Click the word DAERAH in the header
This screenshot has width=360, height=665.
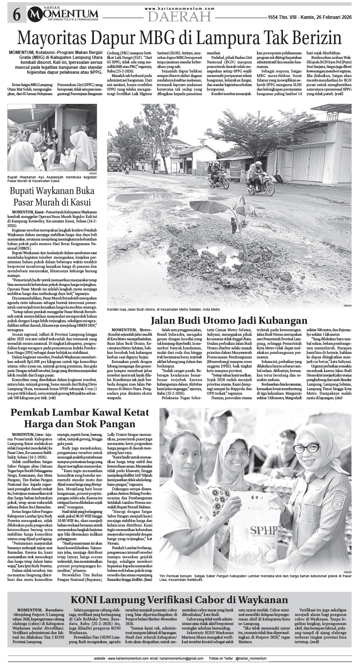(x=180, y=16)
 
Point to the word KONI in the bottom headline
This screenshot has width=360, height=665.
(x=85, y=599)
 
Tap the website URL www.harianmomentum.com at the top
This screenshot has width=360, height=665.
(x=180, y=8)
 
